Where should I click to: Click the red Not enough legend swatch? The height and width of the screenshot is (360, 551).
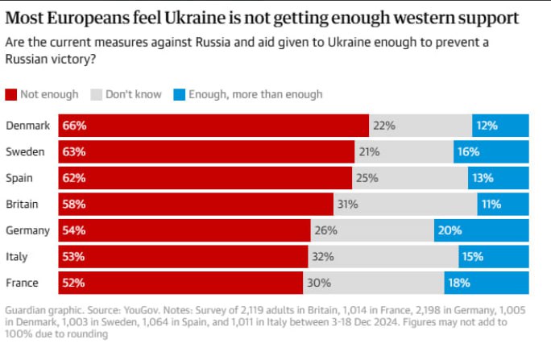(x=11, y=94)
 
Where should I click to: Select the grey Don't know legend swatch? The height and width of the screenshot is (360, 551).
(x=97, y=94)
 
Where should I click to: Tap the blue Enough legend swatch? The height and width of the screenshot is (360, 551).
(x=179, y=94)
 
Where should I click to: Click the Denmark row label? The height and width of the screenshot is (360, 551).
(x=27, y=126)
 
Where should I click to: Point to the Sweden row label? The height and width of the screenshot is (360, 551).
(x=25, y=151)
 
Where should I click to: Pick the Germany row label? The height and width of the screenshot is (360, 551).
(x=27, y=231)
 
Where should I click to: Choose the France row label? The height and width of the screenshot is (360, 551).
(x=22, y=283)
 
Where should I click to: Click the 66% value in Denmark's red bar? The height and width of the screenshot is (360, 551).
(x=74, y=126)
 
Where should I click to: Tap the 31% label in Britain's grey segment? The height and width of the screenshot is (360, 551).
(x=347, y=204)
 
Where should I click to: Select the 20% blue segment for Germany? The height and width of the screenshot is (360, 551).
(x=482, y=230)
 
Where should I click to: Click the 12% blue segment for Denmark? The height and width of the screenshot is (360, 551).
(x=500, y=126)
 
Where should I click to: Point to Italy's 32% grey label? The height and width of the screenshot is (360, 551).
(x=323, y=257)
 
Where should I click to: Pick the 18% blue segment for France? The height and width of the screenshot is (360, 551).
(x=487, y=283)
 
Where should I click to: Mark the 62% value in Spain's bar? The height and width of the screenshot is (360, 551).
(x=74, y=178)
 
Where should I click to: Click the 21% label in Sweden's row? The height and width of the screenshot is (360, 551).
(x=369, y=151)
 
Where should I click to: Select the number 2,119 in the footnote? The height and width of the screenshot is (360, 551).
(x=254, y=311)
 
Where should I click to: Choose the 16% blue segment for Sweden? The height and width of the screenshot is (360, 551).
(x=491, y=151)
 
